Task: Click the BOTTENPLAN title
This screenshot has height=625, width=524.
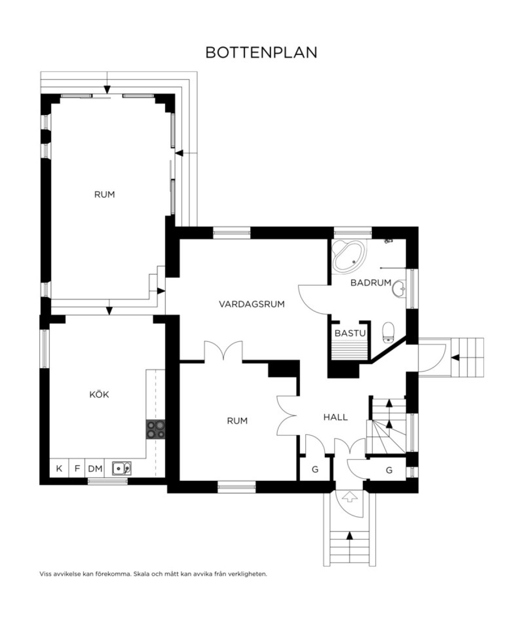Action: (x=261, y=52)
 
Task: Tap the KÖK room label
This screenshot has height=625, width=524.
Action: (x=99, y=394)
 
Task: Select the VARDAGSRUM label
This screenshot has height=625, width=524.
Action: (x=252, y=304)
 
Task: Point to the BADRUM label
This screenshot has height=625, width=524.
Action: (x=371, y=283)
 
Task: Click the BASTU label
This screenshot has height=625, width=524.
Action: (x=350, y=333)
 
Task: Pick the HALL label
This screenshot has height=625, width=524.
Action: (x=335, y=417)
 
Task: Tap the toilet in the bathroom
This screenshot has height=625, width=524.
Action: (x=389, y=332)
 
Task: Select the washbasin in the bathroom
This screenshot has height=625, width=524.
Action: (x=399, y=289)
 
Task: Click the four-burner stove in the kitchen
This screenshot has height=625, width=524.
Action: (x=155, y=429)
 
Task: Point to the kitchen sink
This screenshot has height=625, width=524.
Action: (x=121, y=469)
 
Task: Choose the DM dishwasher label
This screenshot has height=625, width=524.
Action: (x=95, y=469)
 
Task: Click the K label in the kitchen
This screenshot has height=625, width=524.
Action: (x=59, y=469)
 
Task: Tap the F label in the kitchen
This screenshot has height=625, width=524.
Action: (x=77, y=469)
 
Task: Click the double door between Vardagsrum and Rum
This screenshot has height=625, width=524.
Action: (x=224, y=351)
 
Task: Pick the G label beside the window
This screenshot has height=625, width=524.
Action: (x=389, y=470)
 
